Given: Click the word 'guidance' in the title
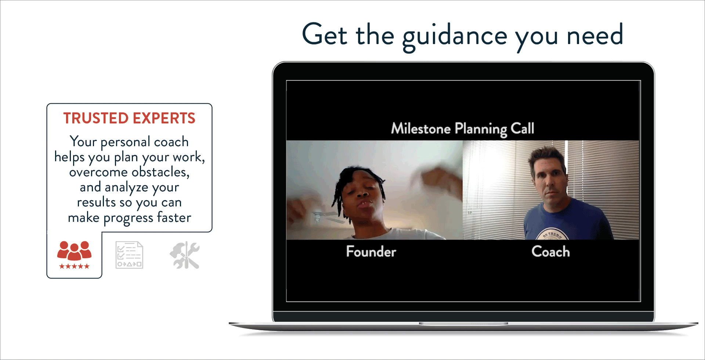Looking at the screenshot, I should point(455,36).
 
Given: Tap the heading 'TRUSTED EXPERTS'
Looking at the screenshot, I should point(129,118).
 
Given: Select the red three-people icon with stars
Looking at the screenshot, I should point(74,251).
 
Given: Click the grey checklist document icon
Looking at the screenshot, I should point(129,255).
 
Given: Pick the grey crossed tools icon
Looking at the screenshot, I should point(185,255).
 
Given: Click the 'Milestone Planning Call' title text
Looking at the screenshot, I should point(462,129).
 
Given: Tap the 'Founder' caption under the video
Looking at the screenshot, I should point(371,252).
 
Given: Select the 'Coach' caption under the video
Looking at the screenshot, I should point(550,252).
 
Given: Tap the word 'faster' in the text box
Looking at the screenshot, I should point(174,217).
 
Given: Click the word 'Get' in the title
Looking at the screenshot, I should point(324,35).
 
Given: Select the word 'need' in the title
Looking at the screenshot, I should point(594,35).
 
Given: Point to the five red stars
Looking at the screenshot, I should point(74,266).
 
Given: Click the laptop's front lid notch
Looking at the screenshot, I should point(463,324).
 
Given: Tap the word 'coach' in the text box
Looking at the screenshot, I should point(171,142).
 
